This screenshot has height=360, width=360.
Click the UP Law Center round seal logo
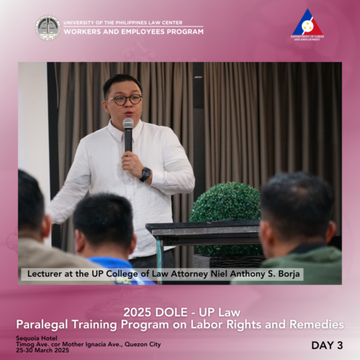click(48, 27)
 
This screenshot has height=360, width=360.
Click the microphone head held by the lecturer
click(128, 124)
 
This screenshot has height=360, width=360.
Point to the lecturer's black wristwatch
click(145, 174)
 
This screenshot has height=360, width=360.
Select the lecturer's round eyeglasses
click(125, 100)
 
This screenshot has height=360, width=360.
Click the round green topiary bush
click(225, 211)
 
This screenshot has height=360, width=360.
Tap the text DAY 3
click(327, 346)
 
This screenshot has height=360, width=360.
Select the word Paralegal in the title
click(42, 325)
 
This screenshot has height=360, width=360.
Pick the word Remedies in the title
click(317, 325)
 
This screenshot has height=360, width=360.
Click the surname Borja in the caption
click(289, 274)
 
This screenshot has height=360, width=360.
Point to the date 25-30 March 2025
click(42, 350)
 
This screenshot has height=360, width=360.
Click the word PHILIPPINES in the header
click(131, 23)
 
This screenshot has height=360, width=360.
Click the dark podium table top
click(203, 226)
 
